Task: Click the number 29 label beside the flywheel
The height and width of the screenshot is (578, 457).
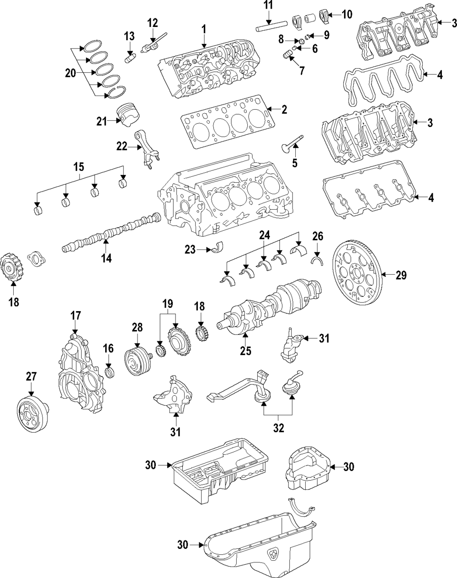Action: (401, 275)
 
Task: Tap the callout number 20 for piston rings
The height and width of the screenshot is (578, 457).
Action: (70, 73)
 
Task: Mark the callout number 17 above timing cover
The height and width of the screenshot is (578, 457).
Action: (75, 315)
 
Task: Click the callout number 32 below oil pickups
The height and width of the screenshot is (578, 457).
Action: (279, 428)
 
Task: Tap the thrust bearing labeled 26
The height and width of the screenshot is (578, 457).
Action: (317, 260)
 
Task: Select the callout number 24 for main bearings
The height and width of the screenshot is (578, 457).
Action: (265, 235)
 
